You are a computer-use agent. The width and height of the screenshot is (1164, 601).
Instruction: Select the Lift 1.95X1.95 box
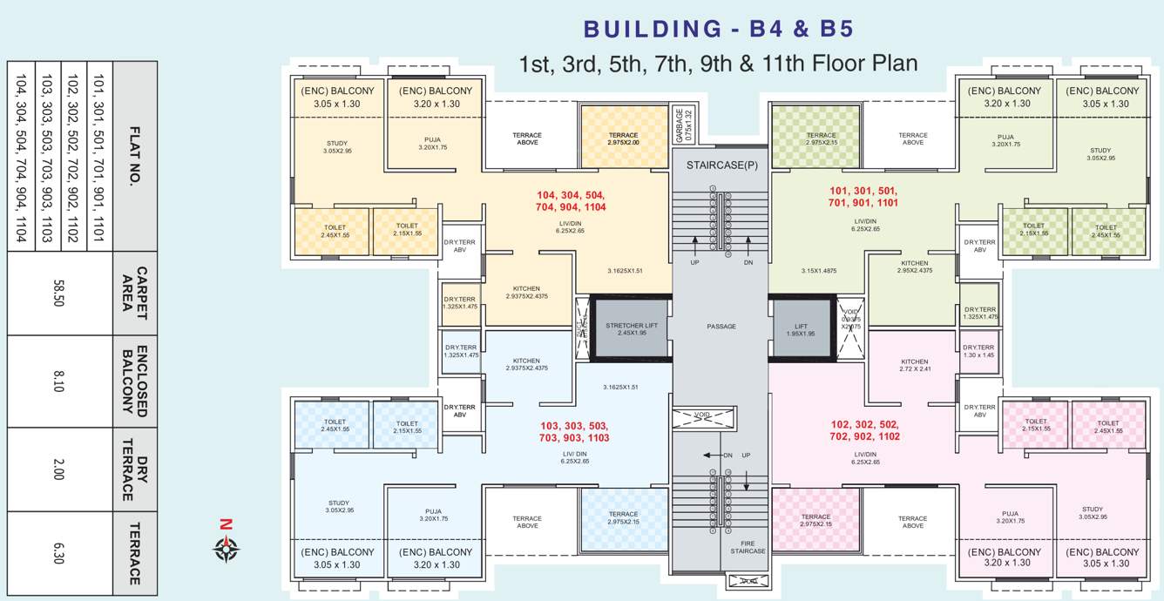(x=801, y=328)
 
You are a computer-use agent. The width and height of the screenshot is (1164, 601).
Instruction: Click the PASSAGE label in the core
(x=721, y=327)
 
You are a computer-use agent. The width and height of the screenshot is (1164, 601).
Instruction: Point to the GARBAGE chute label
(x=684, y=125)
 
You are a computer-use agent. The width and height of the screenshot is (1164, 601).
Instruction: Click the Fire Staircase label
(x=748, y=546)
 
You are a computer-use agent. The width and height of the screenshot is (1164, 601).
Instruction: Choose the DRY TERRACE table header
(x=135, y=469)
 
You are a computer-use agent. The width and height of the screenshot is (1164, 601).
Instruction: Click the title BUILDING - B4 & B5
(x=718, y=30)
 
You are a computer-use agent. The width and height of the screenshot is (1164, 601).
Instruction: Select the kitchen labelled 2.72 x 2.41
(x=914, y=365)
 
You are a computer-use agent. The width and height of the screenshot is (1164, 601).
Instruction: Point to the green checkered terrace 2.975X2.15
(x=820, y=138)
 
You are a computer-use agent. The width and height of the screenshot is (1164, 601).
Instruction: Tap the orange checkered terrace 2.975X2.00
(x=623, y=138)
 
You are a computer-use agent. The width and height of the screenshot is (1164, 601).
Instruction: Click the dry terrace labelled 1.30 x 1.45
(x=978, y=351)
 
